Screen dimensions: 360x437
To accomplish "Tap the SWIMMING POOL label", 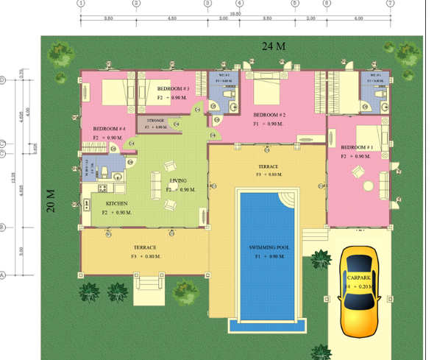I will pyautogui.click(x=266, y=248).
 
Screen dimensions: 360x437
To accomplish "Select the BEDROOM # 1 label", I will pyautogui.click(x=356, y=148).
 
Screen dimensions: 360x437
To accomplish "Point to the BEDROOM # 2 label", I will pyautogui.click(x=269, y=116).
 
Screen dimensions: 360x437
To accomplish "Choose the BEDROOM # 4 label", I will pyautogui.click(x=109, y=129).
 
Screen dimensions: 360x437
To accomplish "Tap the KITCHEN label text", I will pyautogui.click(x=118, y=203).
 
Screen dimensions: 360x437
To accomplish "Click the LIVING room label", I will pyautogui.click(x=178, y=180).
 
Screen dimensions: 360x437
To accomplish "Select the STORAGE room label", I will pyautogui.click(x=155, y=119).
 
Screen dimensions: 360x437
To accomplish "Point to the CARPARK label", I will pyautogui.click(x=360, y=277).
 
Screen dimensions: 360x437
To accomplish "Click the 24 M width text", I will pyautogui.click(x=273, y=46).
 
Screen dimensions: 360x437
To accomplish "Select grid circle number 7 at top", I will pyautogui.click(x=390, y=4).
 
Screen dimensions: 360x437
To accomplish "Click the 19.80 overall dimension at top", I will pyautogui.click(x=234, y=13).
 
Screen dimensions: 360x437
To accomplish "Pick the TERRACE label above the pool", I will pyautogui.click(x=268, y=167).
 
